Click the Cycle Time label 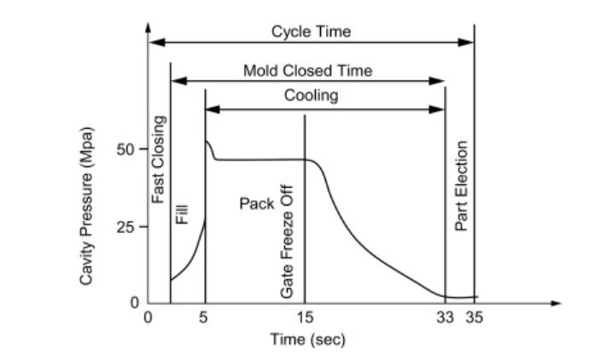[311, 32]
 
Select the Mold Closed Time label [307, 71]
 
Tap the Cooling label [311, 96]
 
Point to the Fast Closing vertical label [158, 160]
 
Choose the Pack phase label [256, 205]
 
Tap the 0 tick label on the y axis [134, 303]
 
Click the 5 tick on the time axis [204, 318]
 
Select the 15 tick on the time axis [304, 318]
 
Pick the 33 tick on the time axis [445, 318]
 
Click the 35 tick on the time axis [475, 318]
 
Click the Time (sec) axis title [307, 339]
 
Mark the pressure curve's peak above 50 [207, 142]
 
